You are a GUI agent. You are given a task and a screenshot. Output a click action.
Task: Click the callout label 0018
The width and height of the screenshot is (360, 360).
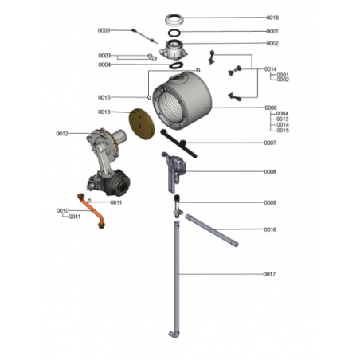272,18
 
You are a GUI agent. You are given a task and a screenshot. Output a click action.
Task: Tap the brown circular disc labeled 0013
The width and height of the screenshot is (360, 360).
142,123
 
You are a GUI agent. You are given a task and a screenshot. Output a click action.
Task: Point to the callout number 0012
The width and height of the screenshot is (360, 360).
62,134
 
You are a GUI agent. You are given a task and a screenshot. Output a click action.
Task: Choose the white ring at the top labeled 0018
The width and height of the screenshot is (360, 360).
174,20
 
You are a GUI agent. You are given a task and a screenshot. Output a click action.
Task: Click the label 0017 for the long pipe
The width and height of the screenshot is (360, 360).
269,274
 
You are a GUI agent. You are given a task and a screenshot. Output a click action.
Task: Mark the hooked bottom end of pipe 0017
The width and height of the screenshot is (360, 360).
174,335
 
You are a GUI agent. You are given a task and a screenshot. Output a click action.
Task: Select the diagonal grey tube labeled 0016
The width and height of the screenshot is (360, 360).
212,230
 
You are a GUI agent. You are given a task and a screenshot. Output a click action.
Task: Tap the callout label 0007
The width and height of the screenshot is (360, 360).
270,143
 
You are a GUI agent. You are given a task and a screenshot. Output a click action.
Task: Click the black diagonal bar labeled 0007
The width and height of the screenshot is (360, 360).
178,143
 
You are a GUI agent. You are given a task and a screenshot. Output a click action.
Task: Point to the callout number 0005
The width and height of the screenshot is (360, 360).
104,30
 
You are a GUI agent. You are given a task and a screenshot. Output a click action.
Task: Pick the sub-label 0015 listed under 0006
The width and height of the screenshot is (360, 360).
283,131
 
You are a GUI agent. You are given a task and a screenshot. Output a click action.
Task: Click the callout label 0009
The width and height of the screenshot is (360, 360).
270,202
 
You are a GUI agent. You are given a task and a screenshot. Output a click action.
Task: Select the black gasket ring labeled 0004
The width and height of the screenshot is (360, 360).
176,65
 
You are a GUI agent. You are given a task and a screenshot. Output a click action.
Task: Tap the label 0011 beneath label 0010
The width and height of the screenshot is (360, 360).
75,217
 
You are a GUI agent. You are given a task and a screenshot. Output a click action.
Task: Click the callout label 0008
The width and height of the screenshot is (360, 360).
270,172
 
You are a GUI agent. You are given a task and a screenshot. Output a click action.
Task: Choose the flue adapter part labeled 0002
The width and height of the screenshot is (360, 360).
174,49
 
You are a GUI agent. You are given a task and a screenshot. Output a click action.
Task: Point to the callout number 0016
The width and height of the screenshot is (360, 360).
270,229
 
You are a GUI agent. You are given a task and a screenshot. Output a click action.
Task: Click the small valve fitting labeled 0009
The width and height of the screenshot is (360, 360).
177,205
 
